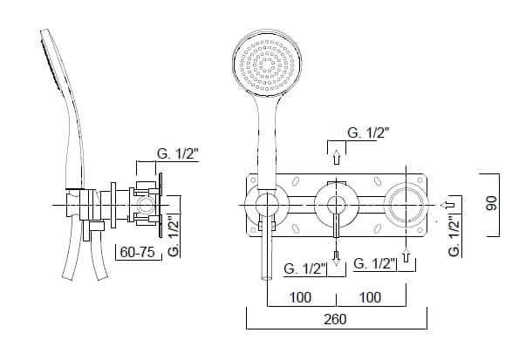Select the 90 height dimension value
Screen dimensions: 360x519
point(492,203)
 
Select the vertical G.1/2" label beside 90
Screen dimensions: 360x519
point(454,235)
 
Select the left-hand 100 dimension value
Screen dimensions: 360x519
point(299,297)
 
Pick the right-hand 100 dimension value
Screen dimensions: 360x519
point(370,297)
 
